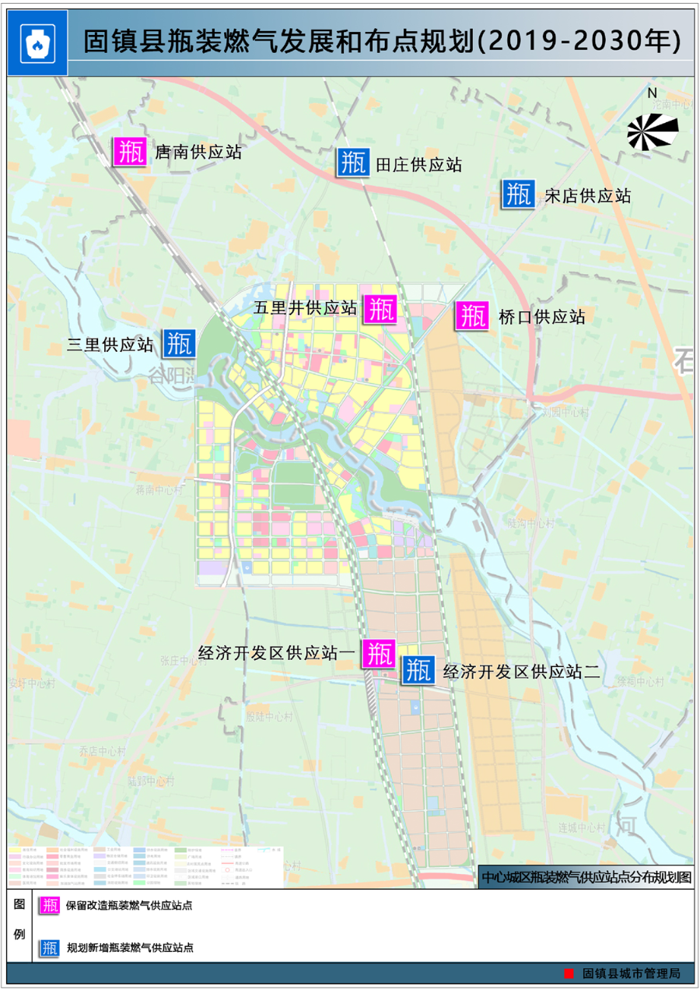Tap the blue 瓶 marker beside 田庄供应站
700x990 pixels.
[352, 163]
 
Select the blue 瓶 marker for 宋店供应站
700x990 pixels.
[517, 194]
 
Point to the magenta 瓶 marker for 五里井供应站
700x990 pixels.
[381, 309]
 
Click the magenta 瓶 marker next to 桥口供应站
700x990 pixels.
[471, 315]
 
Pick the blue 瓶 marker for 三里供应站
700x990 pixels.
[178, 343]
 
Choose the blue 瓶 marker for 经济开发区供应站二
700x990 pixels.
[418, 669]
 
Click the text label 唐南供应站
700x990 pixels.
[198, 152]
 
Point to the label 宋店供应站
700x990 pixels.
[587, 195]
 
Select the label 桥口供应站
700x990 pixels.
[541, 317]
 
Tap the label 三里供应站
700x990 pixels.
[110, 344]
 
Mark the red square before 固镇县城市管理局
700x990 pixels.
[569, 973]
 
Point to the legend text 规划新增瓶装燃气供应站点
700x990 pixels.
[130, 948]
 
